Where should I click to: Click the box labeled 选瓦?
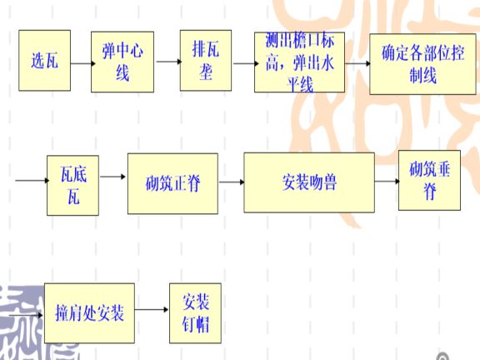[45, 60]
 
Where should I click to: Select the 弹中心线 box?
[122, 62]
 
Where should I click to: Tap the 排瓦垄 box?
[206, 60]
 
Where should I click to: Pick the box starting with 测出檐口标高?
[299, 62]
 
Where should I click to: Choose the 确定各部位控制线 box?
[422, 64]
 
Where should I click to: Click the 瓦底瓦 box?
[72, 186]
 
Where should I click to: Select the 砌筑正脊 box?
[172, 183]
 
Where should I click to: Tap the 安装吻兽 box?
[309, 182]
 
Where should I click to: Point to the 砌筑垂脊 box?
[429, 180]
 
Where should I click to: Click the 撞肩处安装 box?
[89, 313]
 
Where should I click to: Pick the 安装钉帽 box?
[195, 313]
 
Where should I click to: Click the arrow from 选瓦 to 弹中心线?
[83, 63]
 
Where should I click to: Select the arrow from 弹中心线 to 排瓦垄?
[169, 62]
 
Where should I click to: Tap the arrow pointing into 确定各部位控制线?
[358, 63]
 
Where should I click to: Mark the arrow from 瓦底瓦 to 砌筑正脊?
[113, 177]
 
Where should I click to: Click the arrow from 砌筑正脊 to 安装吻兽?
[232, 182]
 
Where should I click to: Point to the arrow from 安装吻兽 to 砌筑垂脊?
[387, 181]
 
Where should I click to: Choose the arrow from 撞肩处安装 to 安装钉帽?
[152, 309]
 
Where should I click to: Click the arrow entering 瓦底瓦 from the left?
[32, 180]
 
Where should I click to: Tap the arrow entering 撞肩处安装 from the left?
[26, 315]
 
